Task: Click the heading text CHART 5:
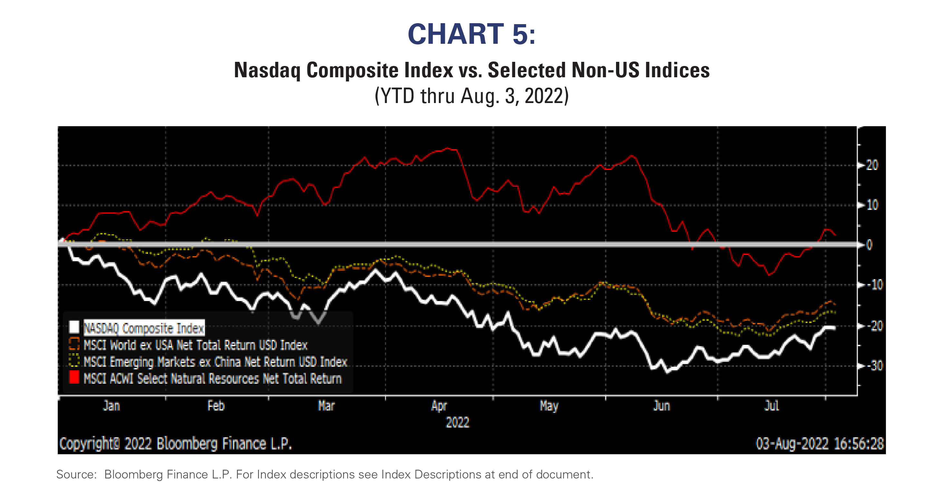click(x=471, y=34)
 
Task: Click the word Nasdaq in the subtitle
click(x=267, y=70)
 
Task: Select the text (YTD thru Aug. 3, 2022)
click(x=471, y=96)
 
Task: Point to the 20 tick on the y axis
click(x=872, y=165)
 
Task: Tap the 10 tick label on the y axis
click(x=872, y=205)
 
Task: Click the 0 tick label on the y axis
click(x=869, y=245)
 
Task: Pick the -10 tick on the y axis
click(x=874, y=285)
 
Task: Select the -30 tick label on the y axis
click(x=874, y=365)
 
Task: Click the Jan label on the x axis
click(x=111, y=406)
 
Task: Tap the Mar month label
click(x=326, y=406)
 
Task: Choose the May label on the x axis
click(x=549, y=406)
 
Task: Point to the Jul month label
click(x=771, y=406)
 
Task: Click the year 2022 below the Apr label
click(x=458, y=422)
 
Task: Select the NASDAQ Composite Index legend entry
click(x=144, y=328)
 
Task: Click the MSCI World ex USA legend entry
click(x=195, y=345)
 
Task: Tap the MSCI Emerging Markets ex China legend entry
click(x=215, y=362)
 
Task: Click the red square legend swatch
click(x=74, y=377)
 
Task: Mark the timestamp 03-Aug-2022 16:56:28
click(x=820, y=444)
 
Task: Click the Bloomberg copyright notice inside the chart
click(x=176, y=444)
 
